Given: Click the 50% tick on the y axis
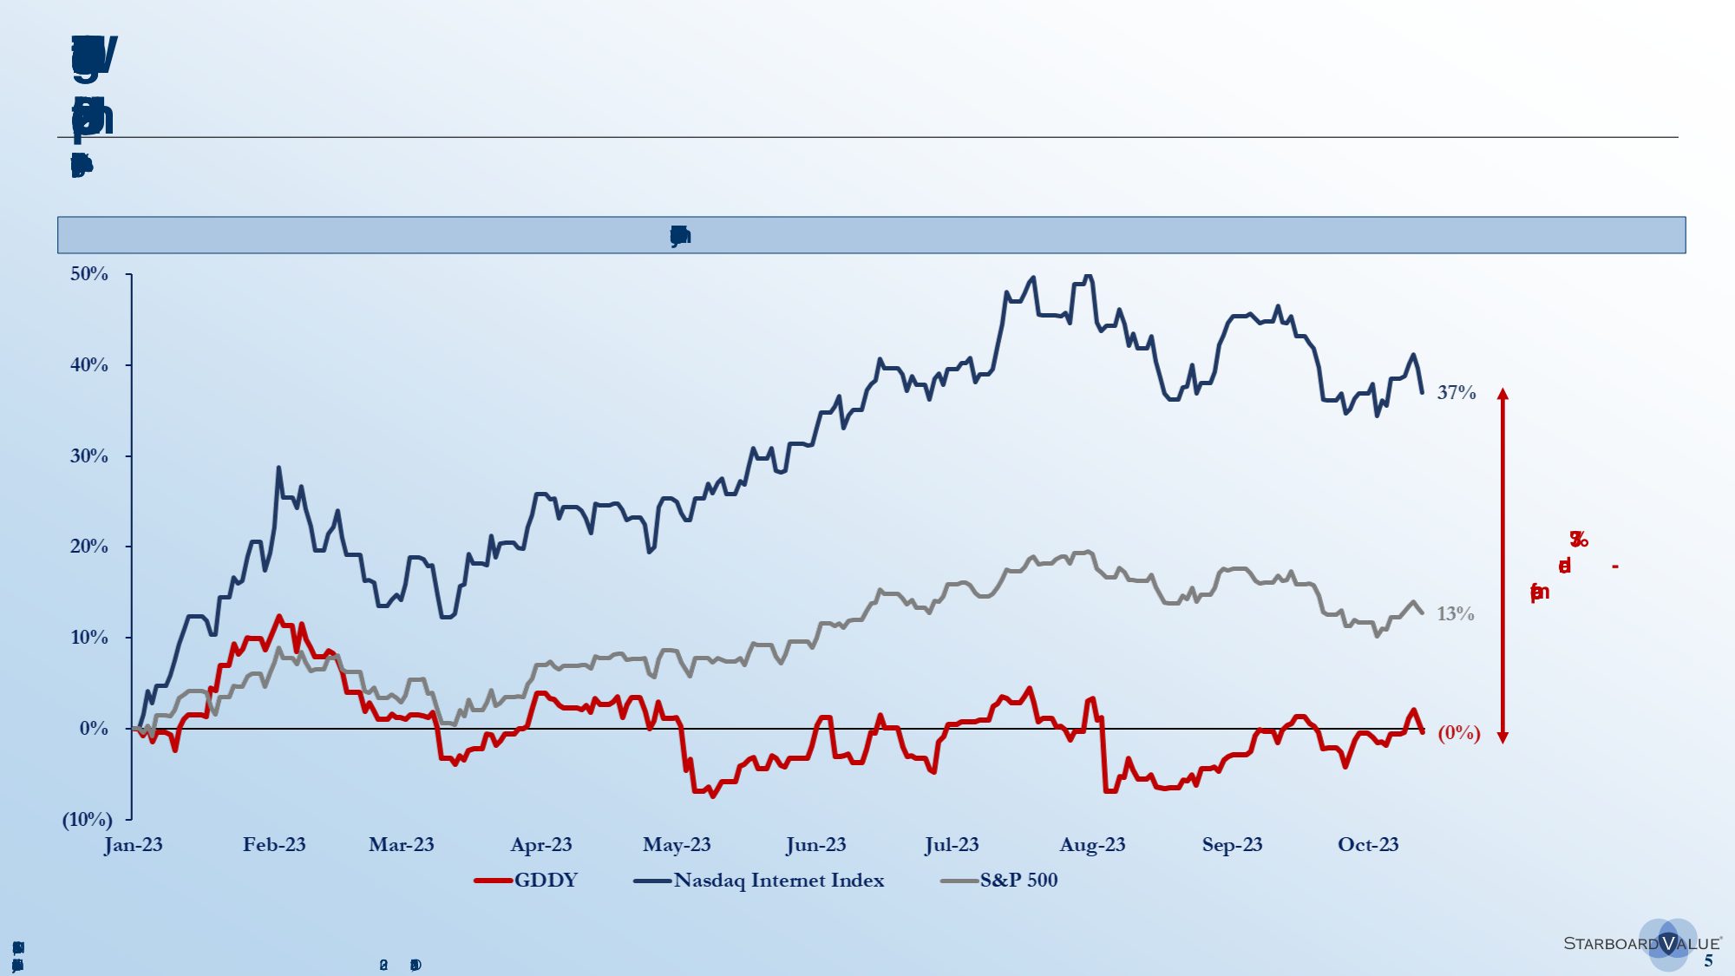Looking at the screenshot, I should [89, 274].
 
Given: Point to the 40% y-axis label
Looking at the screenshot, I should [89, 365].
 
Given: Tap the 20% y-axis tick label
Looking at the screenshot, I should [89, 547].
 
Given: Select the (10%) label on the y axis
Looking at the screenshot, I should [87, 819].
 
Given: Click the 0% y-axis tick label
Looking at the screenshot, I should [94, 729].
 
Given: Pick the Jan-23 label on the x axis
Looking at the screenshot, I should [134, 845].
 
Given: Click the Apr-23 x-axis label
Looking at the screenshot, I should [541, 845].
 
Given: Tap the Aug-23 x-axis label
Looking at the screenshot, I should [1092, 845].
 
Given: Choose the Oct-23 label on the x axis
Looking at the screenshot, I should [1368, 845].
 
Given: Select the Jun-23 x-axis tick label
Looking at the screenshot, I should [815, 845].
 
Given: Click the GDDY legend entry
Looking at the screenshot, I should [527, 881].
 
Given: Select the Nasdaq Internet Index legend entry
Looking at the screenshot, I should [760, 881].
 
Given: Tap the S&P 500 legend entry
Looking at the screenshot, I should [1000, 881].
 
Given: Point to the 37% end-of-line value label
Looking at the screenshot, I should [1457, 393].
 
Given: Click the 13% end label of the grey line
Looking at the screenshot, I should [1456, 614].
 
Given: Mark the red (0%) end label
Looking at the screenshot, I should [1459, 733].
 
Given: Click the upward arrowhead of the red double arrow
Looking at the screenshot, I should [1503, 394].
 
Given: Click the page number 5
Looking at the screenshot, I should [1708, 961].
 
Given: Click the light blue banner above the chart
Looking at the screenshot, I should [871, 235].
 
